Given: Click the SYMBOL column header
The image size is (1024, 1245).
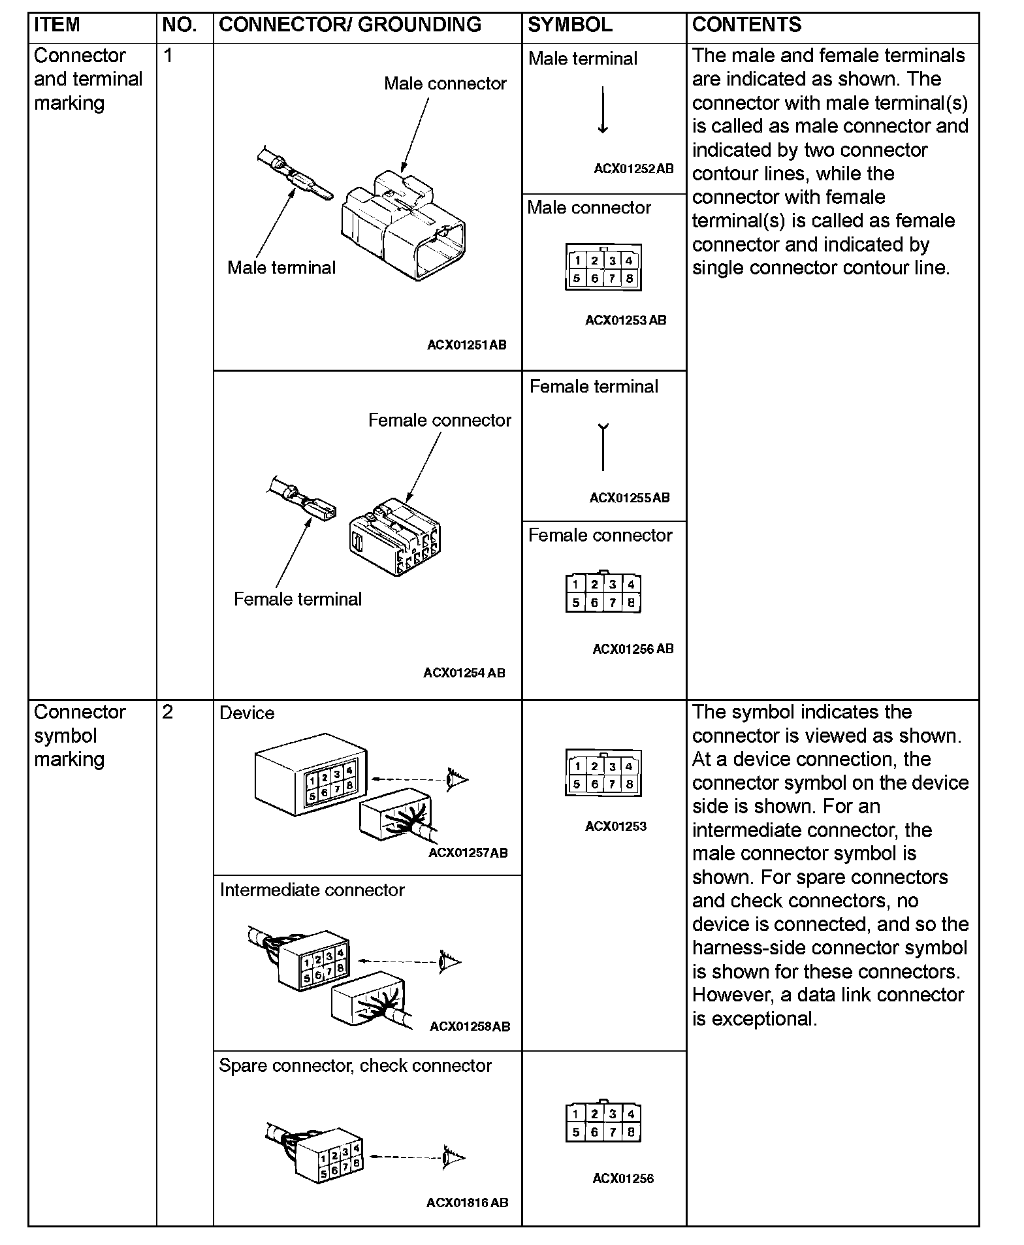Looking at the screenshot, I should [x=569, y=25].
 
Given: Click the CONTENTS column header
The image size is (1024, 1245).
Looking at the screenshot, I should [x=746, y=25].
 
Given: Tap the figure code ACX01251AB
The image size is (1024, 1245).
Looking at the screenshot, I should [x=466, y=345].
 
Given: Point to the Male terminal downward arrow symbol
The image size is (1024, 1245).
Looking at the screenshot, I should [x=603, y=111].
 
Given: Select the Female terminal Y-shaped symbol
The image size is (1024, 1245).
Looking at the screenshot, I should [x=603, y=447].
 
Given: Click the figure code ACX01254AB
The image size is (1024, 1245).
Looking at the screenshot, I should [x=464, y=673].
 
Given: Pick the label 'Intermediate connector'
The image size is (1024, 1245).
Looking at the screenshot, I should [x=312, y=890].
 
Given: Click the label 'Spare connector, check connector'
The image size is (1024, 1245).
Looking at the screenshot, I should [x=355, y=1066].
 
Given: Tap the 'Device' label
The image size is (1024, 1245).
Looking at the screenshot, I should [x=247, y=713].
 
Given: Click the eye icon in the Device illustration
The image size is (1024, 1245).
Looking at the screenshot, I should [x=457, y=779].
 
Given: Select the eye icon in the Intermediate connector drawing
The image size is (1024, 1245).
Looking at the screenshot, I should [x=450, y=962].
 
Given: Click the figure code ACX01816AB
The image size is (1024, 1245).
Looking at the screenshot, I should [x=467, y=1203].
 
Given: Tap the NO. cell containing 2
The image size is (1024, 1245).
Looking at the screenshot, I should [x=168, y=712].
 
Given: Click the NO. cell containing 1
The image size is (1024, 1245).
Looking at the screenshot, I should [x=168, y=56].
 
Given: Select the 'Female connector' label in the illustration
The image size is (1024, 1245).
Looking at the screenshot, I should [x=440, y=421].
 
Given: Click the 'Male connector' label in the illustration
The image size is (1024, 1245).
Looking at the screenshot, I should [x=445, y=84].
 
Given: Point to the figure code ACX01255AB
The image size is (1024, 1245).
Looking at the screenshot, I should [x=630, y=498].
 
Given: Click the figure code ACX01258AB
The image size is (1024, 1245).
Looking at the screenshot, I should [x=470, y=1026].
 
